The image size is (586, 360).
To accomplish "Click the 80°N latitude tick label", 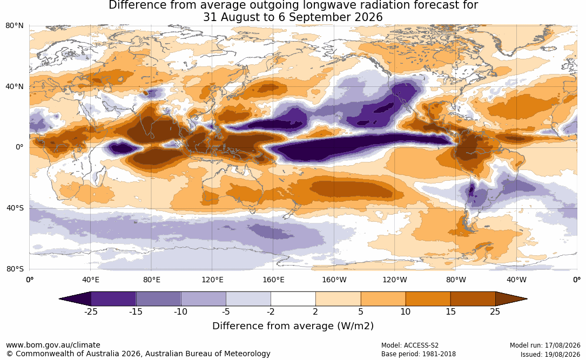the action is [15, 26].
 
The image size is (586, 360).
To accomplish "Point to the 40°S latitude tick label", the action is [15, 208].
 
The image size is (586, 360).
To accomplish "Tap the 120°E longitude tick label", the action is [213, 280].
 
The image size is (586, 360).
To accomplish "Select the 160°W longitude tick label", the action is [334, 280].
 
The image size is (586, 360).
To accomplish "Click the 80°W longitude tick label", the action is [456, 280].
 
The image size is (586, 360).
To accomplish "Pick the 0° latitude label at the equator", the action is [20, 147].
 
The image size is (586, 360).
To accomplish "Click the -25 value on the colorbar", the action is [91, 311].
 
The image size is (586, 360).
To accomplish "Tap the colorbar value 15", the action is [451, 311].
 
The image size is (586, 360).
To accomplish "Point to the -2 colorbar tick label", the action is [271, 311].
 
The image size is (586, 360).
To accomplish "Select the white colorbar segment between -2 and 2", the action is [293, 299].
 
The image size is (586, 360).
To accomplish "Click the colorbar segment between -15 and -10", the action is [158, 299].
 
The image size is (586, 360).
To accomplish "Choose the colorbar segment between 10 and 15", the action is [428, 299].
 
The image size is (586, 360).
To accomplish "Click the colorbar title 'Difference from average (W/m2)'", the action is [293, 326].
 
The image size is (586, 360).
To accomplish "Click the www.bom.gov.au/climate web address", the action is [53, 345].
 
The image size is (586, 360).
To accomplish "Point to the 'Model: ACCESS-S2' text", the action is [410, 345].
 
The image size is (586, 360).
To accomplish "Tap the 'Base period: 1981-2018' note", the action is [419, 354].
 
